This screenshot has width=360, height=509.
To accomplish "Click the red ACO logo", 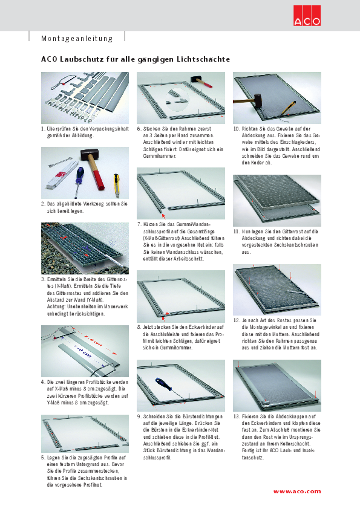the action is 307,16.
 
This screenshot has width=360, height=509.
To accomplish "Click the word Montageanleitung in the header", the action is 77,39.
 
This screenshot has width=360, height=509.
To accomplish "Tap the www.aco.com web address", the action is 297,491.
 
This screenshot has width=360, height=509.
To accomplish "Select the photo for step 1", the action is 85,98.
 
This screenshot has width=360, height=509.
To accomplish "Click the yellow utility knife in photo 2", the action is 116,185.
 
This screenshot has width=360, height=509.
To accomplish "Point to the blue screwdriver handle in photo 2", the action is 79,175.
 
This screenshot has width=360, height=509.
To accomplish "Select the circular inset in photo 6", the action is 177,99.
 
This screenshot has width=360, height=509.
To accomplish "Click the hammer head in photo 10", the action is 258,98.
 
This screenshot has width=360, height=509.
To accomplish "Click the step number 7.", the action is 139,224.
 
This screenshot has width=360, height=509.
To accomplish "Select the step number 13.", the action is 236,417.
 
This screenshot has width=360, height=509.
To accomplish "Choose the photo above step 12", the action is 277,290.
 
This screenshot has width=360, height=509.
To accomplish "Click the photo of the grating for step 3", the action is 85,248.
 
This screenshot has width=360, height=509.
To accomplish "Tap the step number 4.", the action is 42,382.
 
